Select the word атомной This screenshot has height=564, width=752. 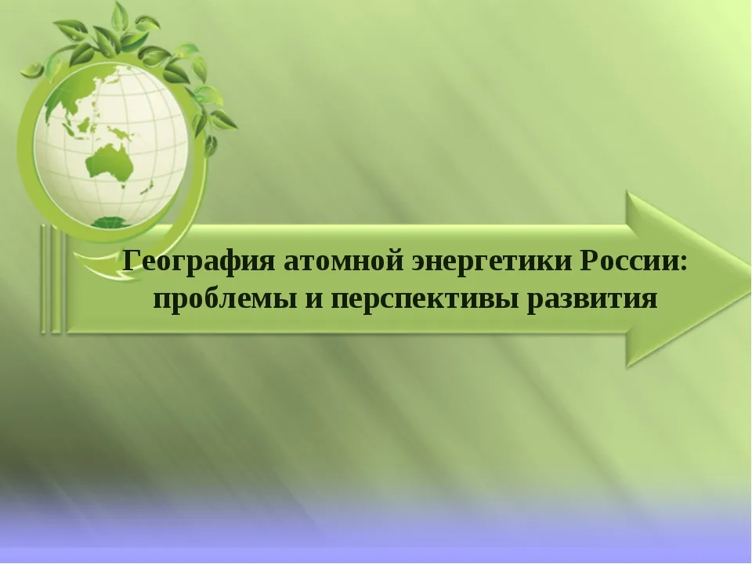click(x=343, y=262)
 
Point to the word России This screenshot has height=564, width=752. click(x=629, y=262)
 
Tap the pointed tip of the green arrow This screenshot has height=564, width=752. click(x=749, y=277)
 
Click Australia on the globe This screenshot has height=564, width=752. click(x=110, y=162)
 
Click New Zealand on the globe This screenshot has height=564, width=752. click(x=146, y=188)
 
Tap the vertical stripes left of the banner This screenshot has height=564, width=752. click(x=51, y=279)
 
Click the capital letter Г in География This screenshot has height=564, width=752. click(x=132, y=262)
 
